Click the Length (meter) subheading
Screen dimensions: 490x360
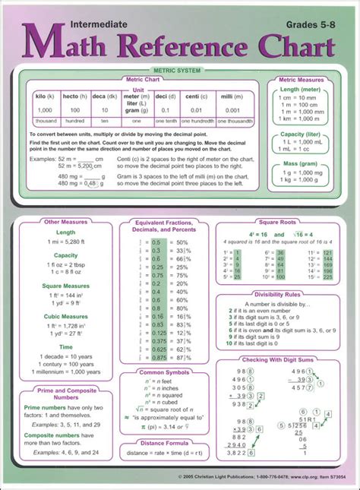coord(302,90)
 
